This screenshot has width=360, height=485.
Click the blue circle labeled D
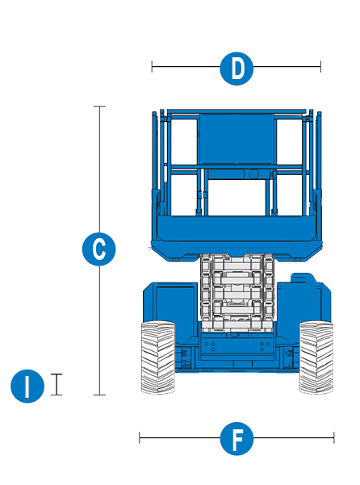click(237, 69)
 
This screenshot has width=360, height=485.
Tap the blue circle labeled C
click(99, 249)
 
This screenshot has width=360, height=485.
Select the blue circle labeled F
click(237, 439)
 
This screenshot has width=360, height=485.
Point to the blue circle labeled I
click(27, 386)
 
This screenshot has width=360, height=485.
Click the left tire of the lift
click(157, 357)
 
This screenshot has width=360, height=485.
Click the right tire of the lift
click(316, 357)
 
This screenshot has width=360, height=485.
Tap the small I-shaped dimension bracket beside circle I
click(57, 384)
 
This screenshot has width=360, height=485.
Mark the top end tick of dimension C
click(99, 107)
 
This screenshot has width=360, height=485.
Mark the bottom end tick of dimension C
click(99, 395)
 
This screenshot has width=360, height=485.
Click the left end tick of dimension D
click(152, 66)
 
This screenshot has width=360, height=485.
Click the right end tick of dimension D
click(320, 66)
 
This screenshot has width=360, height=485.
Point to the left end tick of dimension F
click(140, 437)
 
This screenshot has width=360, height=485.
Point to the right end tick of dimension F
click(334, 437)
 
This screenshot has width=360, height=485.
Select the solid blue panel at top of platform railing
click(237, 139)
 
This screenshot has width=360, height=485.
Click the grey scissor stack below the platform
click(237, 292)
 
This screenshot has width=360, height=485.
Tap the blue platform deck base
click(237, 238)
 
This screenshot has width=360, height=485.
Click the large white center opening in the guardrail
click(237, 198)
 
